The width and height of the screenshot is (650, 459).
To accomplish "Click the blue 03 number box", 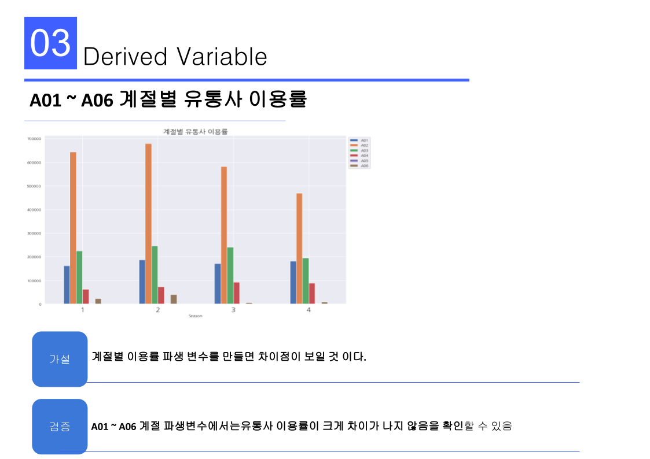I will click(x=50, y=43).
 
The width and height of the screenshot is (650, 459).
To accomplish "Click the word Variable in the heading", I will click(x=222, y=57).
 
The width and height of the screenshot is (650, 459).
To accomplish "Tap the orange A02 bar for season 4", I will click(x=299, y=248).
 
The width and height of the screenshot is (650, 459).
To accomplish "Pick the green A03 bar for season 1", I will click(x=79, y=277).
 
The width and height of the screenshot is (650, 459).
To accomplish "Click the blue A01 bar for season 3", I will click(x=218, y=283).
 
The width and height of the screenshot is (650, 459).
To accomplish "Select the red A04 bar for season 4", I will click(x=312, y=293).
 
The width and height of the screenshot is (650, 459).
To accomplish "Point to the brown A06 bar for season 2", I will click(x=174, y=299).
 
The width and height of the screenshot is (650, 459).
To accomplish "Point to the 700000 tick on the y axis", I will click(x=34, y=139).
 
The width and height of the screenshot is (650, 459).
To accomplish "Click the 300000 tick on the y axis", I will click(x=34, y=234).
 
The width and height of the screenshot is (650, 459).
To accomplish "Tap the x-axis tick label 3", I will click(x=233, y=310).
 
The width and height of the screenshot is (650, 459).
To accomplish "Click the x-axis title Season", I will click(x=196, y=316).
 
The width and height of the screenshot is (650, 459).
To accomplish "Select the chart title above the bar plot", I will click(x=196, y=132).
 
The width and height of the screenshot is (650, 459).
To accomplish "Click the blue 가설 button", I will click(x=60, y=359).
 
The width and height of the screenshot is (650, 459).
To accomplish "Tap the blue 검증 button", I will click(x=60, y=427).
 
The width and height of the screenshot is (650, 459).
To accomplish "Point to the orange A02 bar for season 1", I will click(x=73, y=228).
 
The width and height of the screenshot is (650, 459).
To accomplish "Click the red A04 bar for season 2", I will click(x=161, y=295).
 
